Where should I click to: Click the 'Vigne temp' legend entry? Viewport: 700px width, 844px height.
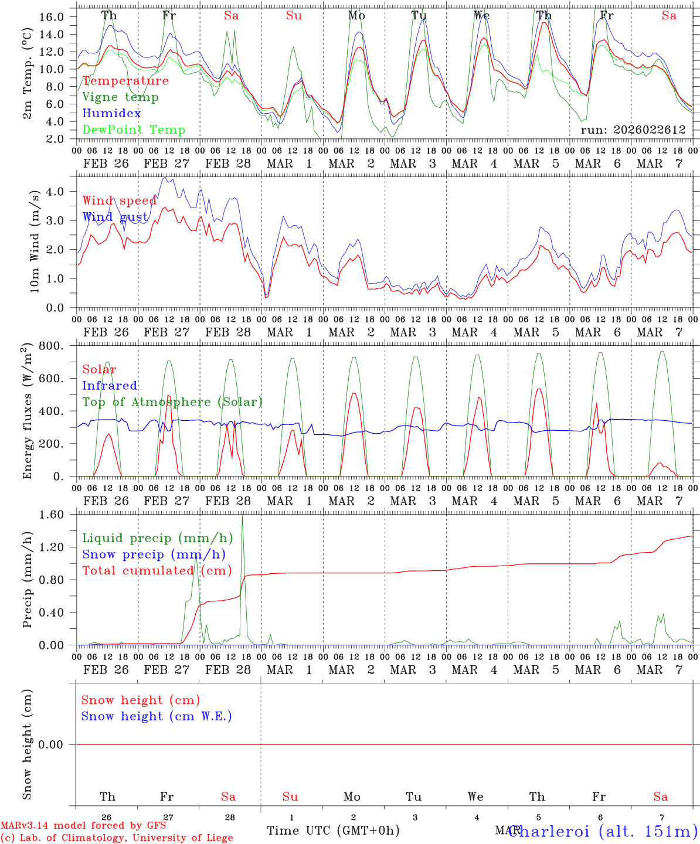(120, 97)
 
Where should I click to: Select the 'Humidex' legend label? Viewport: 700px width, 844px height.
(111, 114)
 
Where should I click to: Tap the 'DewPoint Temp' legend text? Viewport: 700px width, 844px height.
(134, 130)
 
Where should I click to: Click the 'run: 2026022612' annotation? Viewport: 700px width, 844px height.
(633, 130)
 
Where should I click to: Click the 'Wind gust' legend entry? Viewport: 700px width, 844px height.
(115, 217)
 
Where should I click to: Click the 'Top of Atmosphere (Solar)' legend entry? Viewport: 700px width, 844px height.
(172, 402)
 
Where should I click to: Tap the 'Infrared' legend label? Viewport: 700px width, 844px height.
(110, 386)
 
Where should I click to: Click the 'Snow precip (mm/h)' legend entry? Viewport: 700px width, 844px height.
(154, 554)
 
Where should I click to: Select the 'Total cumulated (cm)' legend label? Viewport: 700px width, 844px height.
(157, 571)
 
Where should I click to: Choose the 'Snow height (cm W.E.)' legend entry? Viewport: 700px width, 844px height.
(156, 716)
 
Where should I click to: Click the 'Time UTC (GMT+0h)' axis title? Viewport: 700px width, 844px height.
(333, 831)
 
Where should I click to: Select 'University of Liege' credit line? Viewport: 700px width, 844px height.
(117, 838)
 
